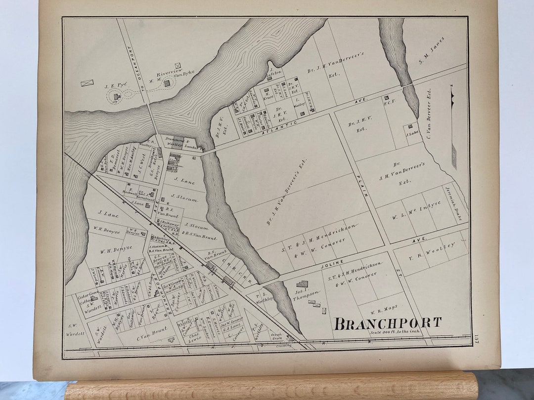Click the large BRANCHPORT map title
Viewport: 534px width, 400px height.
(x=388, y=324)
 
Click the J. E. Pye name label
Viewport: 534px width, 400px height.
(x=116, y=86)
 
